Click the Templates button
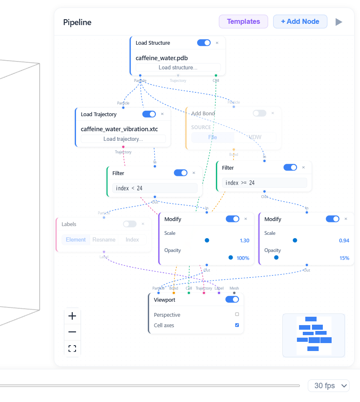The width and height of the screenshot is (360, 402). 243,22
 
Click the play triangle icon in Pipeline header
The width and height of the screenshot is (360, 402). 339,22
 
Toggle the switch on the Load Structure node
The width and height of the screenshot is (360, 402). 204,43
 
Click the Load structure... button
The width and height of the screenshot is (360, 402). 178,67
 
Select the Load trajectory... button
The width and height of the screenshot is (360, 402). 123,139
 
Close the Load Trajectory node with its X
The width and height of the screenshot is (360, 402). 162,114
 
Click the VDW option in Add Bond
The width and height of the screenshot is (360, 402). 255,137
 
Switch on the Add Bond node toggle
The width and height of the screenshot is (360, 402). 259,113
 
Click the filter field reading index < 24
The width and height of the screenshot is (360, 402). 155,188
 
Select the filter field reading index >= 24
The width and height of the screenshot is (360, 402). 264,183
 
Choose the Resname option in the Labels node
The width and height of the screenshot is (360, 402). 104,240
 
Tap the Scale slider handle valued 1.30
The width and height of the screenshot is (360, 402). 207,240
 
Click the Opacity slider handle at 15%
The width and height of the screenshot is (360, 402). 276,258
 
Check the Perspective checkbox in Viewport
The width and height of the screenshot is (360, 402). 237,314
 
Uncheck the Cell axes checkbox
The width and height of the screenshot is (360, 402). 237,325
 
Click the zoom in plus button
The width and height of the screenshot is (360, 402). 72,316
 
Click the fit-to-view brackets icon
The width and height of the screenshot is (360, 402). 72,349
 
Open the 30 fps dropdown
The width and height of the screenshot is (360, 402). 328,386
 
